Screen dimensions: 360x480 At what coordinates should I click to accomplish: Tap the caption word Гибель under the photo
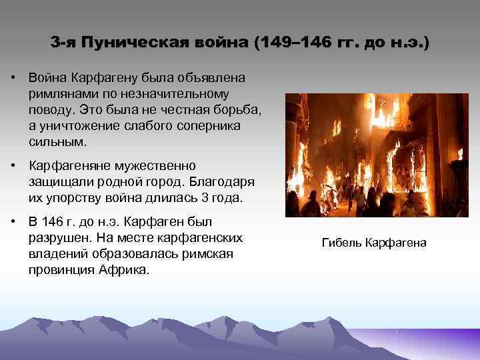[x=342, y=244]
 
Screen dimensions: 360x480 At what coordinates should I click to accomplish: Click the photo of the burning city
[x=376, y=155]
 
